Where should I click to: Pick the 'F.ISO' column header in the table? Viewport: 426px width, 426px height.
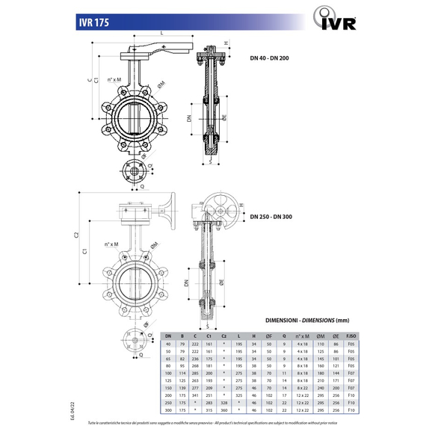point(351,336)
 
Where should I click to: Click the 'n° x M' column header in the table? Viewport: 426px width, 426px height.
point(301,336)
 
